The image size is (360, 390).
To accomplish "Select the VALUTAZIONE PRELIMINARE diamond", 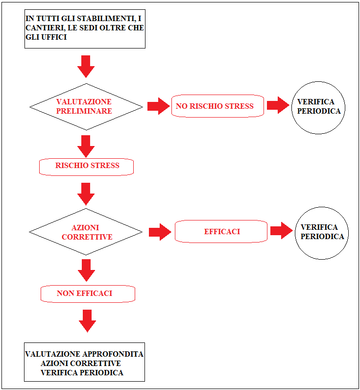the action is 86,107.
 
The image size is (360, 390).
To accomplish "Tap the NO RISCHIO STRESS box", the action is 217,106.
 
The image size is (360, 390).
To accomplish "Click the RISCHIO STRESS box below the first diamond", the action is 86,167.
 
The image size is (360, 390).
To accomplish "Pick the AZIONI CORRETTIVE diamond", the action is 86,232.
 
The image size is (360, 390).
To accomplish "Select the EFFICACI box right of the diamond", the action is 221,231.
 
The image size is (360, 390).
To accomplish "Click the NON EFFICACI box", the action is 88,294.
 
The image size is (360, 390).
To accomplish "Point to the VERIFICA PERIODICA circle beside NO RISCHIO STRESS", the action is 318,108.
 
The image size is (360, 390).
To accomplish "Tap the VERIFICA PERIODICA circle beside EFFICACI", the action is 322,233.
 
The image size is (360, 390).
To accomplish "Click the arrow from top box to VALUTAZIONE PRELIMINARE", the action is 86,67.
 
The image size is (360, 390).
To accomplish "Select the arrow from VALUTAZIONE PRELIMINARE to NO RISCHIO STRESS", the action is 159,106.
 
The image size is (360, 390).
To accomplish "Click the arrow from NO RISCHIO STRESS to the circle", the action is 278,105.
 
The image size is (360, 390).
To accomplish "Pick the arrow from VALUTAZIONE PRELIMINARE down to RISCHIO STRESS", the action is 86,146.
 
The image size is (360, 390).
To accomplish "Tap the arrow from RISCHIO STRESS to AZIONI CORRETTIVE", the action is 86,194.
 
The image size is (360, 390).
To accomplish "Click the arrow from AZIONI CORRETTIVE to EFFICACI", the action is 160,232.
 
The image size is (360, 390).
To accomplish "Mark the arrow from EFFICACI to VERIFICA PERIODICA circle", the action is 282,231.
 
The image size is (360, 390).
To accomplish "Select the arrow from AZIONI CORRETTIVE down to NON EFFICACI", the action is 87,270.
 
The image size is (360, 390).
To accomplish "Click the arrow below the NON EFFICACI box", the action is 88,321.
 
